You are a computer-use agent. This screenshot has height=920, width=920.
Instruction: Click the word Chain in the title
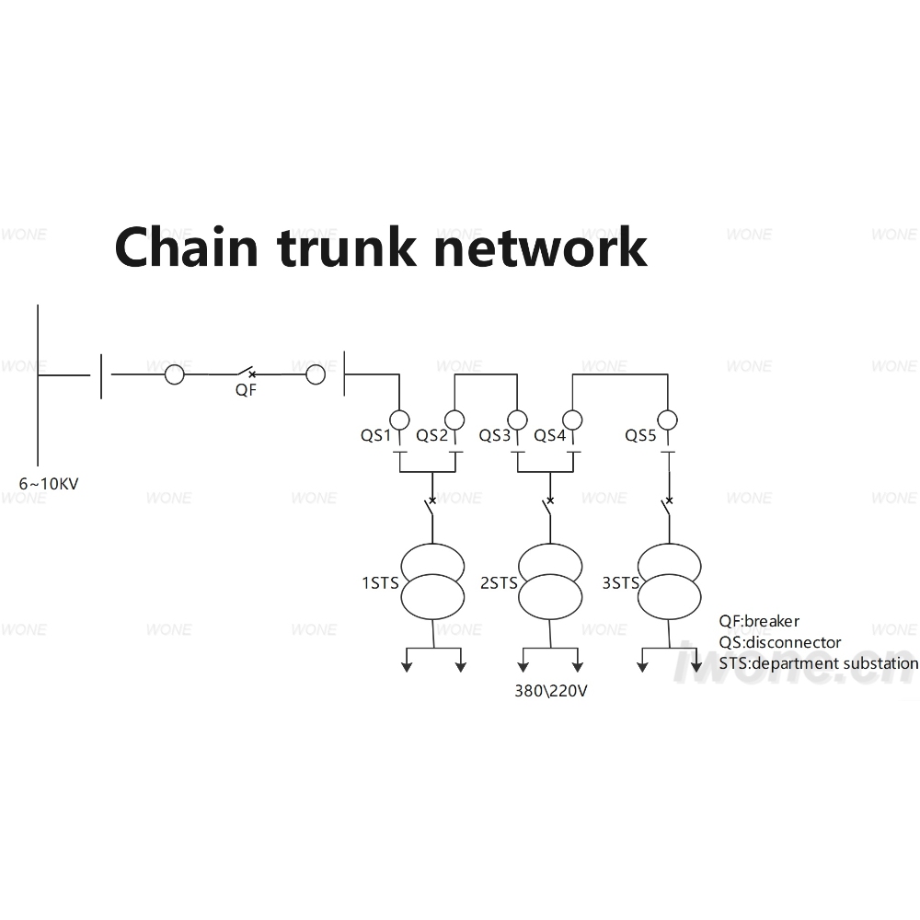[x=187, y=247]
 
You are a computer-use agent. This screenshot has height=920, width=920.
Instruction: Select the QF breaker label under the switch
[x=246, y=390]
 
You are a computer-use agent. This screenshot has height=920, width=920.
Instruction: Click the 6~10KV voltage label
[x=49, y=484]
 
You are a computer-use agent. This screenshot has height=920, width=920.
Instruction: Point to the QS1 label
[x=375, y=435]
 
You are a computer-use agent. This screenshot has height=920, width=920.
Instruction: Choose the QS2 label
[x=431, y=435]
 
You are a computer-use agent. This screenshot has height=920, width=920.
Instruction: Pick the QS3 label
[x=495, y=435]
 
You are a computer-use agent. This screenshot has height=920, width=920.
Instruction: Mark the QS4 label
[x=550, y=435]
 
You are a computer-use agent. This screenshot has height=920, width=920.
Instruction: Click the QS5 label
[x=640, y=435]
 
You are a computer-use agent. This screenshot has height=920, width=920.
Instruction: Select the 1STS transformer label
[x=380, y=583]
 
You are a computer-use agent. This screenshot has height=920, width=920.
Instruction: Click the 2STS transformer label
[x=499, y=583]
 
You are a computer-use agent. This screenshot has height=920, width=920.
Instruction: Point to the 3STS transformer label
[x=621, y=583]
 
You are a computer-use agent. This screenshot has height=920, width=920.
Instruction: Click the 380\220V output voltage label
[x=551, y=691]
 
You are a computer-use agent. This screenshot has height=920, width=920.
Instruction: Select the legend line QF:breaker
[x=759, y=621]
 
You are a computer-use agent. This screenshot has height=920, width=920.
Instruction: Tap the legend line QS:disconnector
[x=780, y=642]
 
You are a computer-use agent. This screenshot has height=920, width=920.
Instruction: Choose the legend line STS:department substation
[x=819, y=663]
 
